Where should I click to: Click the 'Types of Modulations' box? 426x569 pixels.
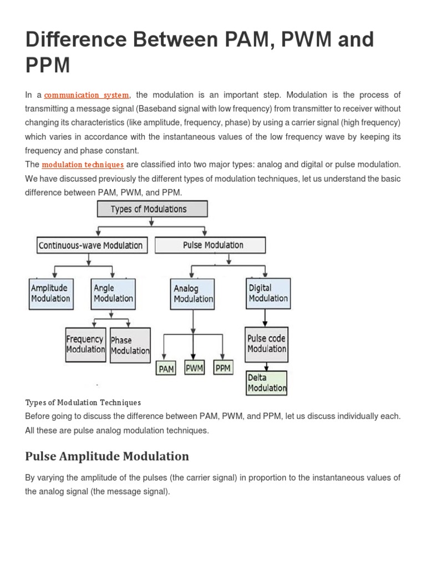(153, 209)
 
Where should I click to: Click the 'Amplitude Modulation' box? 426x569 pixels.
(50, 293)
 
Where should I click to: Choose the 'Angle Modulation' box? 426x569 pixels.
(113, 293)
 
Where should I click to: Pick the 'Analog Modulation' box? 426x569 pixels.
(193, 294)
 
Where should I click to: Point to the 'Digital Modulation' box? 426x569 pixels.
(268, 293)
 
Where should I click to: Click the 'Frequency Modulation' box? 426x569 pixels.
(85, 345)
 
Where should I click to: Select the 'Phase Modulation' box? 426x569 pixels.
(130, 346)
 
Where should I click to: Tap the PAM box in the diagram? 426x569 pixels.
(166, 368)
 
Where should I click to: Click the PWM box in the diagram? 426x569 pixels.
(195, 367)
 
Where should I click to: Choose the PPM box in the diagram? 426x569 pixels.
(223, 367)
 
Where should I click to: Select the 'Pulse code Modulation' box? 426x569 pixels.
(267, 344)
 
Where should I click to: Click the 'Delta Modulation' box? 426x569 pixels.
(267, 383)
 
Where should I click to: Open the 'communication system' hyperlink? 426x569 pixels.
(87, 95)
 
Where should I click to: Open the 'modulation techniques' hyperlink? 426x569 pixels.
(83, 164)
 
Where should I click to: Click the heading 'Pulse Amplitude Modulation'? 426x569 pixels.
(107, 456)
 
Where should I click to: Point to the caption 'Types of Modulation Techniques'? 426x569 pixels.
(83, 402)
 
